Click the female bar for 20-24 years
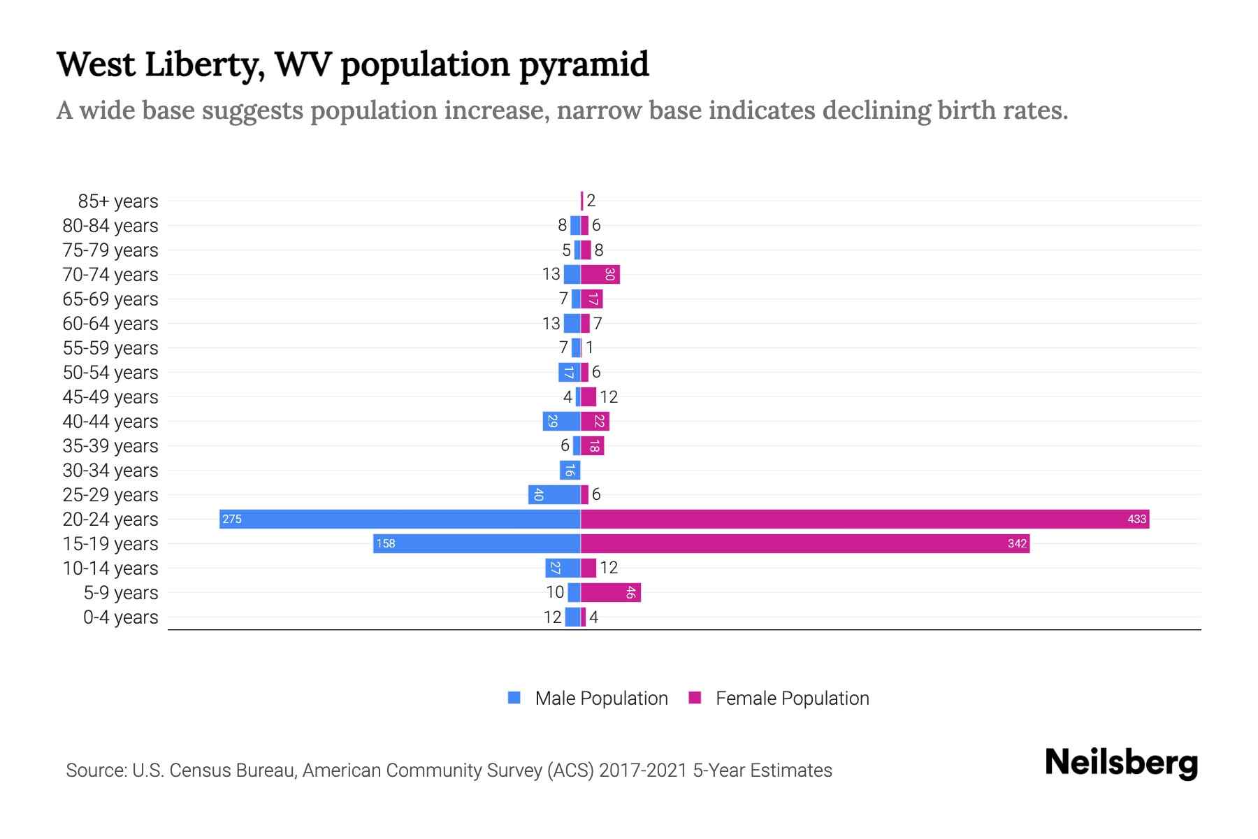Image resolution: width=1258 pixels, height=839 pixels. click(x=865, y=519)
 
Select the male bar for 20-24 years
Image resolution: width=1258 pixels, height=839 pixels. click(x=400, y=519)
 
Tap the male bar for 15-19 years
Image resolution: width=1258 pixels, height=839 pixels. click(x=477, y=543)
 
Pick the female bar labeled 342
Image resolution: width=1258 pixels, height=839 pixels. click(x=805, y=543)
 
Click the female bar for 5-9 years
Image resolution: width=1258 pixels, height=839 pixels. click(x=611, y=592)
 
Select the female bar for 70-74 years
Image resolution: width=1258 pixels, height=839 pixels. click(x=600, y=274)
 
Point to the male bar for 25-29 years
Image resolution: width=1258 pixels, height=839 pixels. click(x=554, y=494)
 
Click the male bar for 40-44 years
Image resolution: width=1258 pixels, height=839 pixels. click(x=561, y=421)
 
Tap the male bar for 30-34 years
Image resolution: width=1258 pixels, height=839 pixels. click(x=570, y=470)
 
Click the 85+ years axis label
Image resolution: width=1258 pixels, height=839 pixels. click(x=117, y=201)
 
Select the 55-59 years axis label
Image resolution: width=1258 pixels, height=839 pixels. click(x=110, y=348)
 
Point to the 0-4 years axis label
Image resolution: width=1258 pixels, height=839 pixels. click(x=120, y=617)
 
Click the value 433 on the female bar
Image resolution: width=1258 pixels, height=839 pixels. click(x=1136, y=519)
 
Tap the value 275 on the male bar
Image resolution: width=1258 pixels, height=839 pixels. click(x=232, y=519)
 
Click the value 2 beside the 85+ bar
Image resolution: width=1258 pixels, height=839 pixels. click(x=591, y=201)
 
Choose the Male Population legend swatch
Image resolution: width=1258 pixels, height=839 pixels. click(x=514, y=698)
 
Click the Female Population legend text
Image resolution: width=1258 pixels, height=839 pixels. click(x=792, y=698)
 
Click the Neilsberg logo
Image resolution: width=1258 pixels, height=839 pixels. click(x=1121, y=763)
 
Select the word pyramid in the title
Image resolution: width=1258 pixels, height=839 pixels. click(x=584, y=65)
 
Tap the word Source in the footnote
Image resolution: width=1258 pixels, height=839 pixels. click(x=96, y=770)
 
